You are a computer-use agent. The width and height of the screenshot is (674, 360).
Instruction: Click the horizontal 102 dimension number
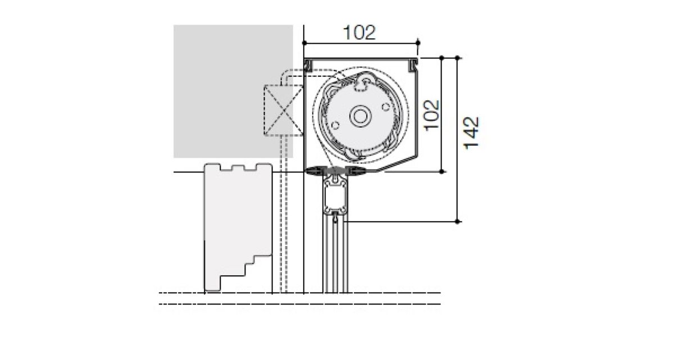pos(359,33)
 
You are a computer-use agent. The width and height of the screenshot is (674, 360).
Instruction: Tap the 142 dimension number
pos(471,133)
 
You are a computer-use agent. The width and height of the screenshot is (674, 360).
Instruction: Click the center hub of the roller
pos(360,116)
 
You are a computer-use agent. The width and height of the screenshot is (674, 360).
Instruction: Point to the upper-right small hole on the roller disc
pos(386,107)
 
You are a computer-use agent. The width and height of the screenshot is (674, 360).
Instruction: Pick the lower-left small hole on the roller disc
pos(335,125)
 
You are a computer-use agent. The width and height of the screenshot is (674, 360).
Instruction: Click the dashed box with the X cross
pos(284,111)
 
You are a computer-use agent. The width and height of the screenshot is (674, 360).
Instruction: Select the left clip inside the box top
pos(308,66)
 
